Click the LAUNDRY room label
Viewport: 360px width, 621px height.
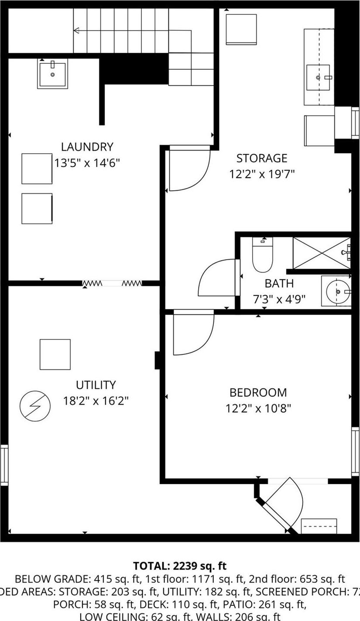pyautogui.click(x=87, y=147)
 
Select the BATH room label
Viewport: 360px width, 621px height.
pyautogui.click(x=279, y=284)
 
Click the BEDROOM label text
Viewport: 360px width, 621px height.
pyautogui.click(x=258, y=392)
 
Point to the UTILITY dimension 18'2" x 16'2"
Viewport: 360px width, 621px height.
pyautogui.click(x=96, y=401)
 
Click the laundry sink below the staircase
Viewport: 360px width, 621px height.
pyautogui.click(x=52, y=74)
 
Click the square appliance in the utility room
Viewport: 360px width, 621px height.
pyautogui.click(x=55, y=354)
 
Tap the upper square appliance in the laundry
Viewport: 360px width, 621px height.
pyautogui.click(x=37, y=168)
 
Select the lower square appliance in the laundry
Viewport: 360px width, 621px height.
pyautogui.click(x=37, y=209)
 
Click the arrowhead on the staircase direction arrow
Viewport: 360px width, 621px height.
pyautogui.click(x=76, y=31)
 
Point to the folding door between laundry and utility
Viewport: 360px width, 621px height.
pyautogui.click(x=113, y=284)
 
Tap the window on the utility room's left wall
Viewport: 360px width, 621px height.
pyautogui.click(x=4, y=465)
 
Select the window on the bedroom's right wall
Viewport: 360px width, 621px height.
pyautogui.click(x=356, y=452)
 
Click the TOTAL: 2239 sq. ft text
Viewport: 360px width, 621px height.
pyautogui.click(x=180, y=566)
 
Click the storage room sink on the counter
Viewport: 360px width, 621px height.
pyautogui.click(x=319, y=77)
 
